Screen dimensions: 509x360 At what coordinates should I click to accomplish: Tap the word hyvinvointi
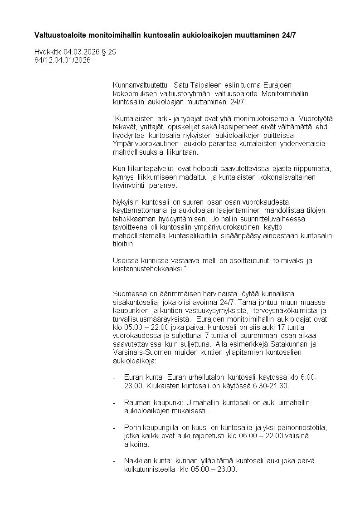point(130,186)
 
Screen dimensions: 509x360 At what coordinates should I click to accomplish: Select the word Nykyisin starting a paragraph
point(126,202)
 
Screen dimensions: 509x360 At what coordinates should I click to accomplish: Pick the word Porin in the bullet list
point(132,428)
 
